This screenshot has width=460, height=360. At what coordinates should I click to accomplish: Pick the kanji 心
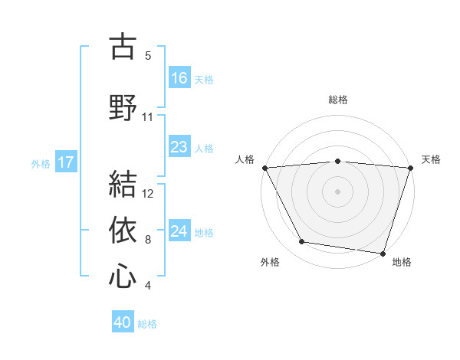click(x=123, y=276)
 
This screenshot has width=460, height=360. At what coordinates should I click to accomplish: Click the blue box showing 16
click(x=179, y=78)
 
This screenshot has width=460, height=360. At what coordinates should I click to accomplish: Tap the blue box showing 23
click(x=179, y=148)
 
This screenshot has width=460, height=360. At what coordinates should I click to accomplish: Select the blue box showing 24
click(x=179, y=232)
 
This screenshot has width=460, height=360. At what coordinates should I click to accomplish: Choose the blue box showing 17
click(x=65, y=162)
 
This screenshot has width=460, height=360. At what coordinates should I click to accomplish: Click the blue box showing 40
click(x=123, y=323)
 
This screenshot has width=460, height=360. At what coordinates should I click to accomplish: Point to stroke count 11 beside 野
click(x=148, y=117)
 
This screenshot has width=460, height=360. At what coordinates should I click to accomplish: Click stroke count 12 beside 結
click(x=149, y=193)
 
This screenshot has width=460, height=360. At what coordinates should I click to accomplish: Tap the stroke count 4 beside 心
click(x=148, y=286)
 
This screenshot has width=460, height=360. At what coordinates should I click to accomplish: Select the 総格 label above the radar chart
click(x=338, y=100)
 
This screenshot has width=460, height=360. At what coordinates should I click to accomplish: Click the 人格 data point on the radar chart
click(x=264, y=167)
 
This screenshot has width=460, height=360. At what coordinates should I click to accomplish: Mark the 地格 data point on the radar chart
click(x=383, y=253)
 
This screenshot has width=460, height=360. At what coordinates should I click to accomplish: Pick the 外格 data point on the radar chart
click(x=302, y=242)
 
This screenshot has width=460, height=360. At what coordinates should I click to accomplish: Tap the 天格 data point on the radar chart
click(x=410, y=167)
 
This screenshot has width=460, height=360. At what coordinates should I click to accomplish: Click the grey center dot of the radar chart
click(x=337, y=191)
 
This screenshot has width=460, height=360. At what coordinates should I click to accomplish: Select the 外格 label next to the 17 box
click(x=41, y=163)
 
